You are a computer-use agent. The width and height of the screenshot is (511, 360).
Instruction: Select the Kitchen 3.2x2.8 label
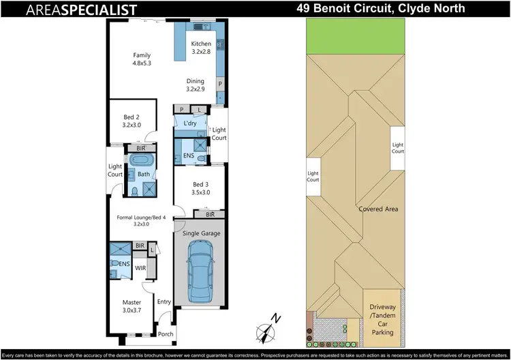coord(202,48)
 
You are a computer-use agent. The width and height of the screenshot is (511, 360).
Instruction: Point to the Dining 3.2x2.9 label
coord(196,84)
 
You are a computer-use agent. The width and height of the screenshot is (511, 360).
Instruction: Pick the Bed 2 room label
coord(131,121)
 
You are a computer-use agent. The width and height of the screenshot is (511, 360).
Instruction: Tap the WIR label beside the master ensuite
coord(141,267)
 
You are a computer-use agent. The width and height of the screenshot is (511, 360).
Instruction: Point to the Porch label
coord(166,334)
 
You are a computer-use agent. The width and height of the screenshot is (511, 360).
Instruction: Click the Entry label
coord(164,301)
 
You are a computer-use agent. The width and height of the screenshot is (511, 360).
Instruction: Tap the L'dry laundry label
coord(190,123)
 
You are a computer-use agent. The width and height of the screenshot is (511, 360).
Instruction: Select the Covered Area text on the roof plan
coord(378,209)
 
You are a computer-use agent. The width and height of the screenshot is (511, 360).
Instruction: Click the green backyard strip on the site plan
coord(354,34)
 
